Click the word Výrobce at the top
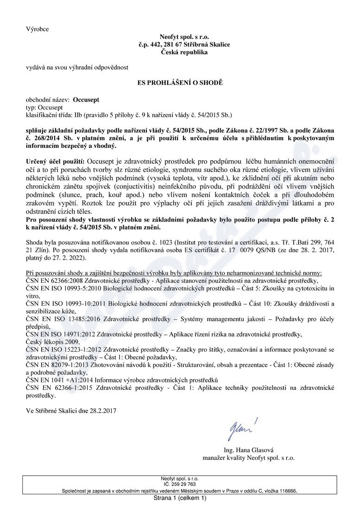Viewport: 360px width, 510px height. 37,29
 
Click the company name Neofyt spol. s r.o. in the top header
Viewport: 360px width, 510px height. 184,37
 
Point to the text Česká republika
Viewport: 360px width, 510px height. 184,52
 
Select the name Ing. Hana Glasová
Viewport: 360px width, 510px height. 249,450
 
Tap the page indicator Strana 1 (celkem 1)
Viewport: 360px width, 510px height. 180,498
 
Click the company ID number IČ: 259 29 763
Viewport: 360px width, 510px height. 180,484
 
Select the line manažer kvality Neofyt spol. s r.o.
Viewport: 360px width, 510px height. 249,458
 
